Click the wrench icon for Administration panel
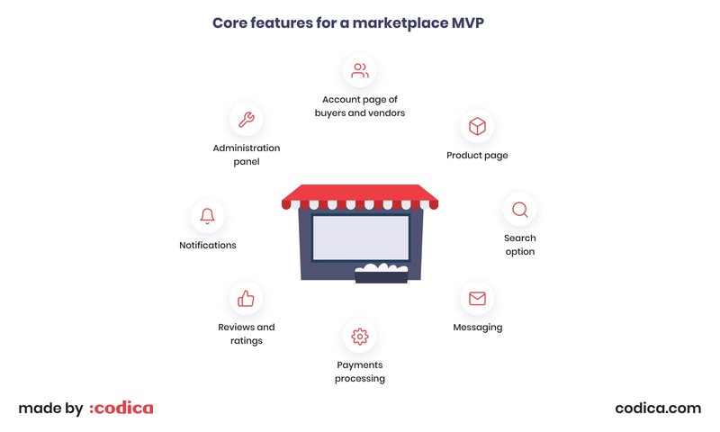click(x=246, y=119)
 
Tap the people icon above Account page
click(x=360, y=69)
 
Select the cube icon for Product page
click(x=477, y=127)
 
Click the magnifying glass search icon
click(x=519, y=210)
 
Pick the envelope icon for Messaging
click(x=477, y=299)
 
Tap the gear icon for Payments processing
click(x=360, y=337)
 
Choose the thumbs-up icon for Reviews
click(x=246, y=299)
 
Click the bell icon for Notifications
click(x=208, y=216)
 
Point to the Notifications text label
click(x=208, y=245)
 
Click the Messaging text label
click(x=477, y=328)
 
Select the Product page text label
click(x=477, y=156)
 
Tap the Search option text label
click(x=519, y=245)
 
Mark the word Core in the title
click(x=231, y=22)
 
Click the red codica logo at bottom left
click(x=121, y=408)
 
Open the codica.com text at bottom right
click(x=658, y=408)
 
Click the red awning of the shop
click(x=360, y=193)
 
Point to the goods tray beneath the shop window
click(x=382, y=274)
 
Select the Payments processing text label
click(x=360, y=372)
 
